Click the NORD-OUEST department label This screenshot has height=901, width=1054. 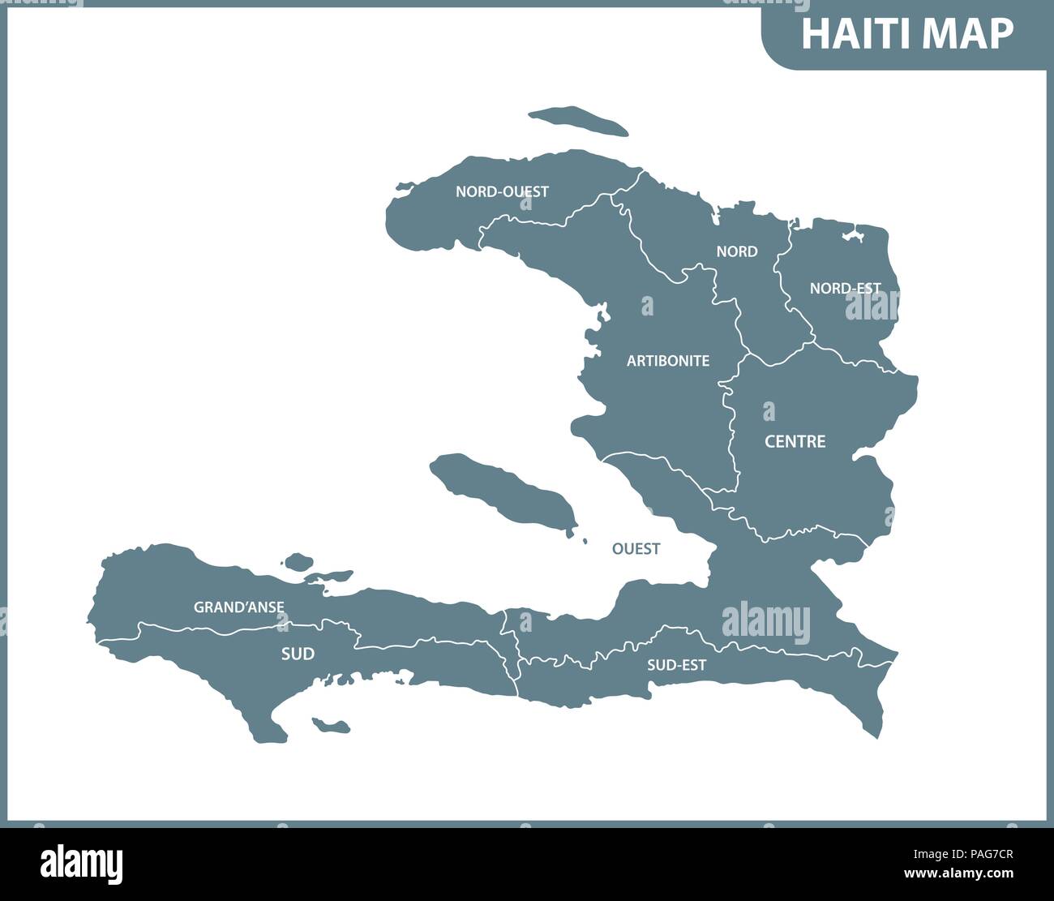click(x=502, y=192)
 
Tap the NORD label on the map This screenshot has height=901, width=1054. click(x=736, y=251)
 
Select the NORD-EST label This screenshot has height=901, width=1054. click(x=845, y=288)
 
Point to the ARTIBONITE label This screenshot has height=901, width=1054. click(x=667, y=361)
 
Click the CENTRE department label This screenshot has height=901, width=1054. click(x=795, y=441)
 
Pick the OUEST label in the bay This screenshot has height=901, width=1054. click(x=636, y=549)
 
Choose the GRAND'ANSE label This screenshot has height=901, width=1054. click(x=238, y=607)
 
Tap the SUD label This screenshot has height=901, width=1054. click(x=298, y=654)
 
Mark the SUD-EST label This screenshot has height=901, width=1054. click(x=676, y=665)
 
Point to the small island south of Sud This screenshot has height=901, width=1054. click(x=331, y=725)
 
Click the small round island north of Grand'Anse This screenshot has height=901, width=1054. click(x=299, y=561)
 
